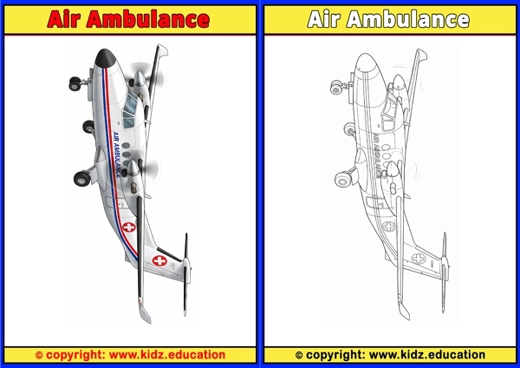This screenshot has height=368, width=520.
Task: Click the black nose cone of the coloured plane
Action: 104,58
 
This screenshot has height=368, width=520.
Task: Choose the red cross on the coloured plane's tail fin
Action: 159,260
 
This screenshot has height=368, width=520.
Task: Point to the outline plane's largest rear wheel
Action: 343,179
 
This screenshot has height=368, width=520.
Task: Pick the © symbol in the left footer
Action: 39,355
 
